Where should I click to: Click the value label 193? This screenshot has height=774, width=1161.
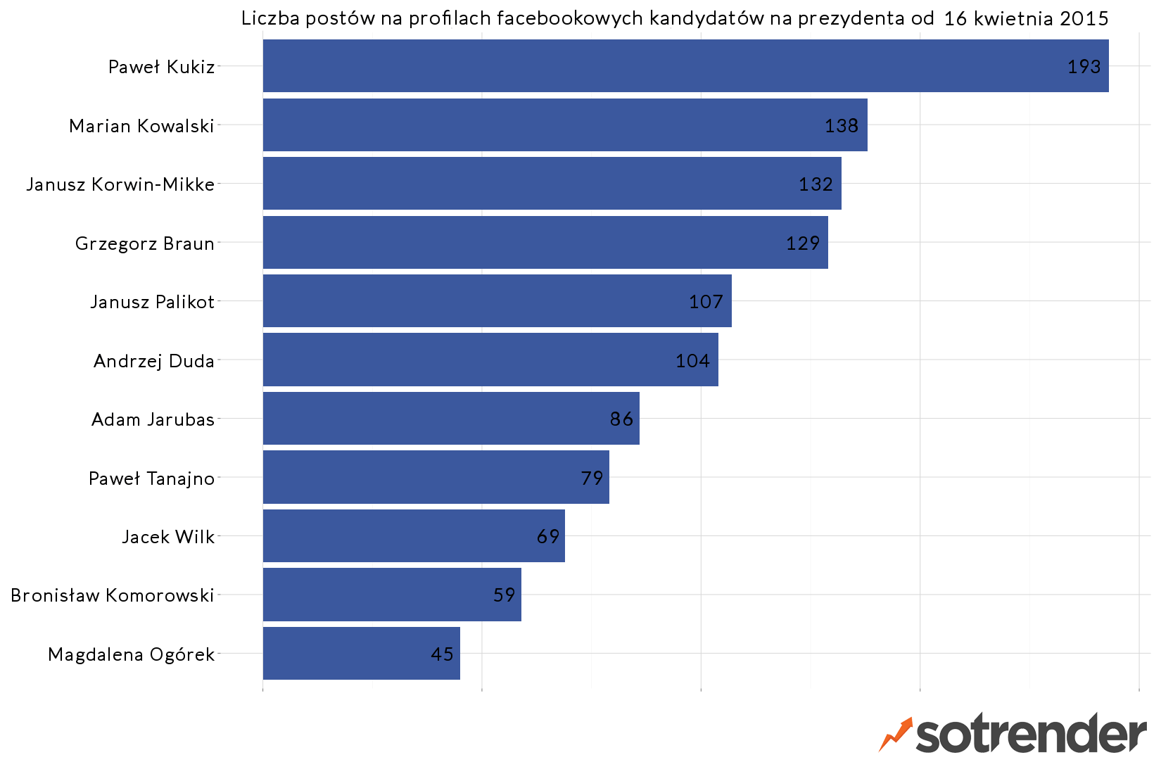[1084, 67]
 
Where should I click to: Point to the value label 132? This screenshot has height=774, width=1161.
[816, 184]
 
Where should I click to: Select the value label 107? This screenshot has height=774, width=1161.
[706, 302]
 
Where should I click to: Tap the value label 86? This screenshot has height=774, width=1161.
[621, 419]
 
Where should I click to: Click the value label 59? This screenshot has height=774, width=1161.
[505, 595]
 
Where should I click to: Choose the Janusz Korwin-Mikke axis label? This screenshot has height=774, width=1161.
[120, 184]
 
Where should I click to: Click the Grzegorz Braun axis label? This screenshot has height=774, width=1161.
[145, 243]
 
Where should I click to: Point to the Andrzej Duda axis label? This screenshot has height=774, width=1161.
[154, 361]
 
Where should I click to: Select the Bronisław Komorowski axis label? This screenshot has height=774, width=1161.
[113, 595]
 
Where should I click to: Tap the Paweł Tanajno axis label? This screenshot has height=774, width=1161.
[151, 478]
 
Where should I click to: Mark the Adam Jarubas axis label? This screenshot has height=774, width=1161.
[153, 419]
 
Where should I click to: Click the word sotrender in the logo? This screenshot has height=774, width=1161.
[1031, 735]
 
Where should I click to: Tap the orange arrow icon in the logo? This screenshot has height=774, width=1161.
[896, 734]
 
